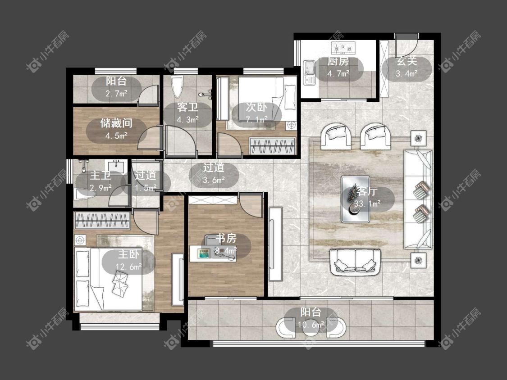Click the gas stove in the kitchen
pyautogui.click(x=343, y=48)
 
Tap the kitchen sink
pyautogui.click(x=309, y=72)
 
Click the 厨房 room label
pyautogui.click(x=338, y=61)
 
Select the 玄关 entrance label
pyautogui.click(x=407, y=61)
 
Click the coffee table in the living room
pyautogui.click(x=356, y=199)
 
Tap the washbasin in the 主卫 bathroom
pyautogui.click(x=116, y=166)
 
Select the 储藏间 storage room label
pyautogui.click(x=116, y=123)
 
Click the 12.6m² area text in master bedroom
pyautogui.click(x=129, y=267)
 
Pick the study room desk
pyautogui.click(x=213, y=253)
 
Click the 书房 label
pyautogui.click(x=226, y=238)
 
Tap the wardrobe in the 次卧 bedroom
pyautogui.click(x=273, y=146)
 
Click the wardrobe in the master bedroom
pyautogui.click(x=102, y=220)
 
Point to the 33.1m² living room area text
pyautogui.click(x=367, y=204)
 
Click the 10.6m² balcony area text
pyautogui.click(x=311, y=325)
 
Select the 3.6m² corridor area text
pyautogui.click(x=214, y=180)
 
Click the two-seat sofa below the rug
pyautogui.click(x=355, y=262)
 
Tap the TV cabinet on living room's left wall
pyautogui.click(x=275, y=244)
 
